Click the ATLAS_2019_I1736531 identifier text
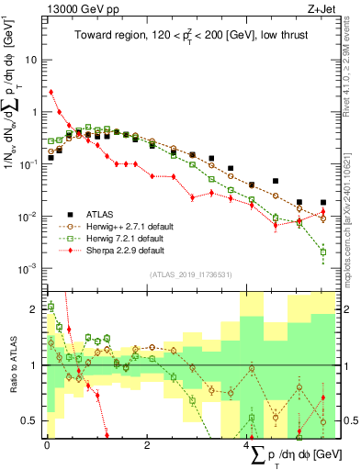189,274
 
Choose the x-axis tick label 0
46,445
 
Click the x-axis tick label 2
147,445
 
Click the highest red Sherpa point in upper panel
51,92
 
